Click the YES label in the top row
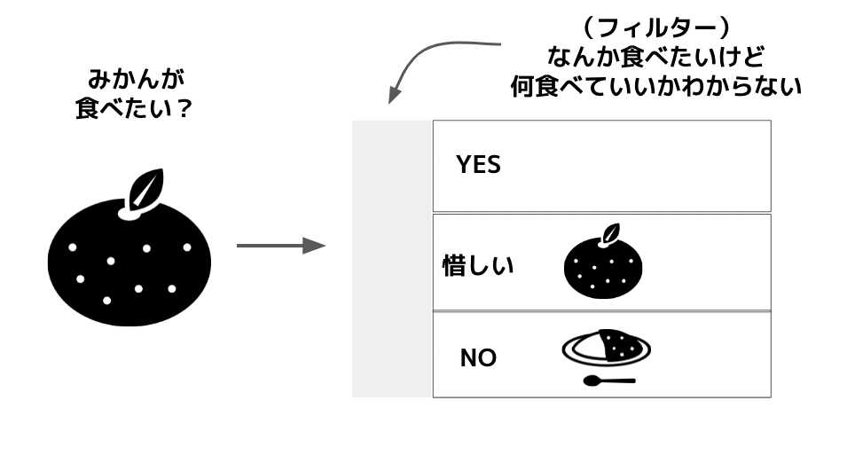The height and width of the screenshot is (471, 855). coord(478,165)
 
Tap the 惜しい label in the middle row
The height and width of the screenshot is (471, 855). coord(478,265)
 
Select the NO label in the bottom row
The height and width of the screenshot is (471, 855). coord(478,358)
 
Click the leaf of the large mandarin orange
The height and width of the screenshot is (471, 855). coord(145,189)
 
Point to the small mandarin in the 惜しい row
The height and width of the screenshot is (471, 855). coord(603,261)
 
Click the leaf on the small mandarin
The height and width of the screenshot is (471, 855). coord(611,232)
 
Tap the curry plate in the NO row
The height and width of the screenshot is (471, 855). coord(607,347)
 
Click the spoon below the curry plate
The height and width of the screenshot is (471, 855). coord(609,381)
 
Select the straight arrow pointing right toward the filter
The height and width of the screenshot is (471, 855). coord(281,246)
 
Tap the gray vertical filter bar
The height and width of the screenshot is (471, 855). coord(392,259)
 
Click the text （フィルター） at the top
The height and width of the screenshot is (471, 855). coord(656,28)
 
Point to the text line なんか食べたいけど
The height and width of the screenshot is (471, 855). coord(656,57)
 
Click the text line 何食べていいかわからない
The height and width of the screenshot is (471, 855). coord(656,86)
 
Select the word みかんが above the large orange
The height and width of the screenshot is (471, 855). coord(137,80)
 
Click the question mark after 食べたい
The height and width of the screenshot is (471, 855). coord(184,108)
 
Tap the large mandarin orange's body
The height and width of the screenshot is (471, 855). coord(129,263)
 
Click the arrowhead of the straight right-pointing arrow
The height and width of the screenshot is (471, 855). coord(314,246)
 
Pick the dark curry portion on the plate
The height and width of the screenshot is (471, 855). coord(618,344)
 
